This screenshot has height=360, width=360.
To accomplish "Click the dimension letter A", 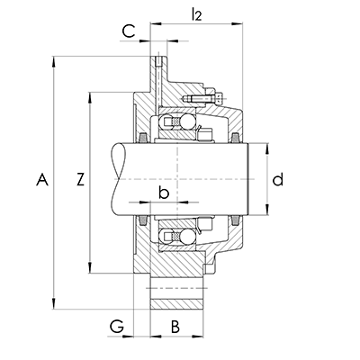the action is (x=42, y=179).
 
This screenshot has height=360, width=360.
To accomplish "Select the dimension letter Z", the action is (x=80, y=179).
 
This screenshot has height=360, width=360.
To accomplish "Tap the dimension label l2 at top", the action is (x=197, y=13).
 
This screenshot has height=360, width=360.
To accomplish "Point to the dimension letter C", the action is (x=129, y=31).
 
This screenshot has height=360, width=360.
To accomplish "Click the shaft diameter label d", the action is (x=278, y=179).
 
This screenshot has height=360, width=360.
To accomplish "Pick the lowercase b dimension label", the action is (x=164, y=193).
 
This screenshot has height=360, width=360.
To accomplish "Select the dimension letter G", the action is (x=117, y=327).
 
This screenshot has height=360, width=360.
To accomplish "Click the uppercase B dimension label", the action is (x=175, y=327).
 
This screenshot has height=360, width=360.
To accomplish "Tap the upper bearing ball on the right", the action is (x=187, y=121).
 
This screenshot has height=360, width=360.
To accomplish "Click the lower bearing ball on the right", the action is (x=187, y=237).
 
